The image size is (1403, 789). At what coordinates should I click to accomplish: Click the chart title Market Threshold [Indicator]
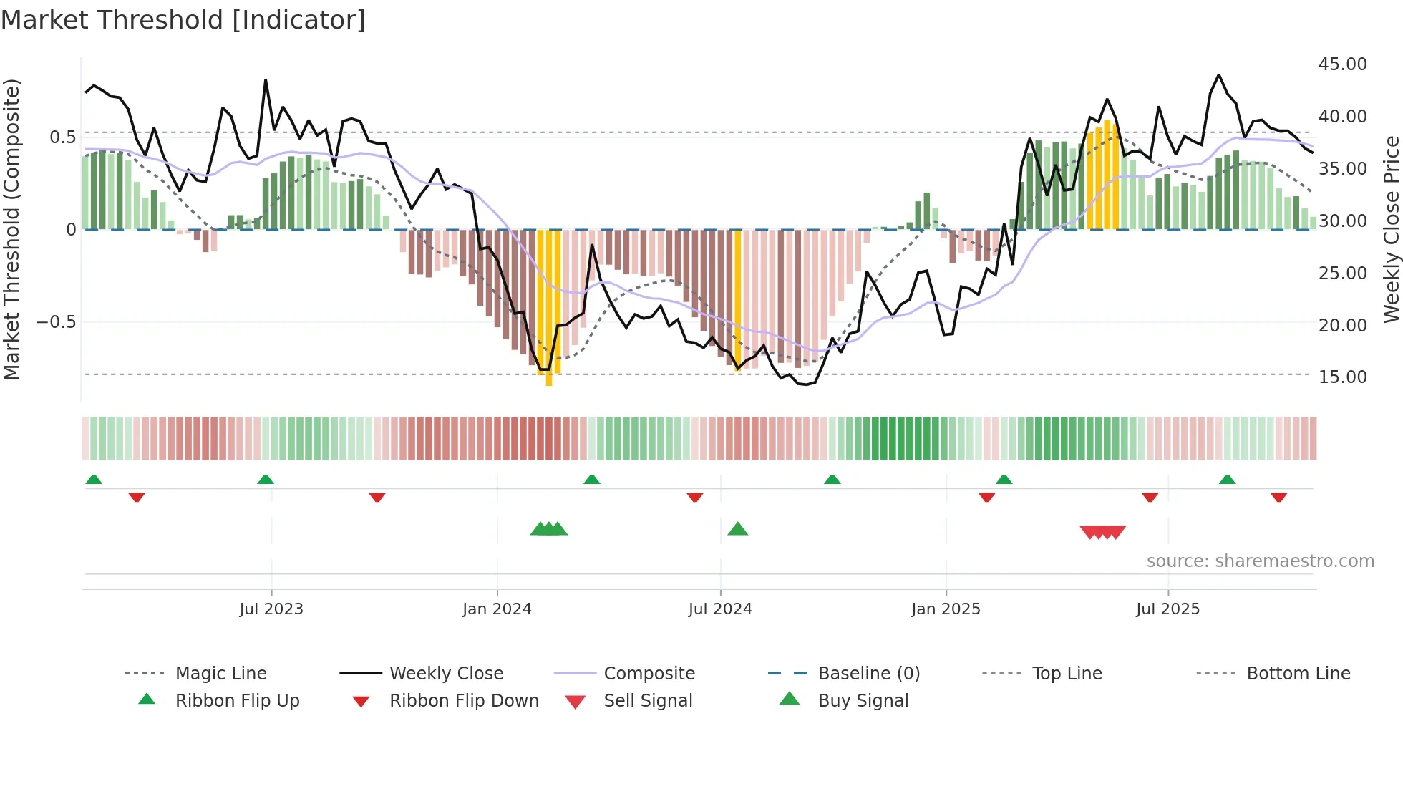point(183,20)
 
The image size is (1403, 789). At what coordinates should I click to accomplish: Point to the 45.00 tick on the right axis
point(1342,64)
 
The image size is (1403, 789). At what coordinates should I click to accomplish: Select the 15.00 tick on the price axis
point(1342,377)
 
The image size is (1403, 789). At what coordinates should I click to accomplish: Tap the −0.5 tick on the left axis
point(57,322)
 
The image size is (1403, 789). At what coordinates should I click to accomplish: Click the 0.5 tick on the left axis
point(62,137)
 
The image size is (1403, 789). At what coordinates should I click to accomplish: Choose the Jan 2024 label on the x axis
point(497,609)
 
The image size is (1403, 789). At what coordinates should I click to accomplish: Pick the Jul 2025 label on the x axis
point(1167,609)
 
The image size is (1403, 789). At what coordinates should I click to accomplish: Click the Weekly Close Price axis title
point(1391,229)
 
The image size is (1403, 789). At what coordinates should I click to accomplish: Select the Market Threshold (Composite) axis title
point(11,229)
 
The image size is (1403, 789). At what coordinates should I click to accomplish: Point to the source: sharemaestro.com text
point(1260,561)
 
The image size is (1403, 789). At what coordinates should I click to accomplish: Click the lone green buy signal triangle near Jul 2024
point(737,530)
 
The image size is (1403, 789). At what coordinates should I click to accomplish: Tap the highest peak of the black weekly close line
point(1218,75)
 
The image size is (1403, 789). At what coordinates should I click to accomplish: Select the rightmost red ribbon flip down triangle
point(1278,497)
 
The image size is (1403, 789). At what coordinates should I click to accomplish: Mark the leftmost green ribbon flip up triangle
point(94,480)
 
